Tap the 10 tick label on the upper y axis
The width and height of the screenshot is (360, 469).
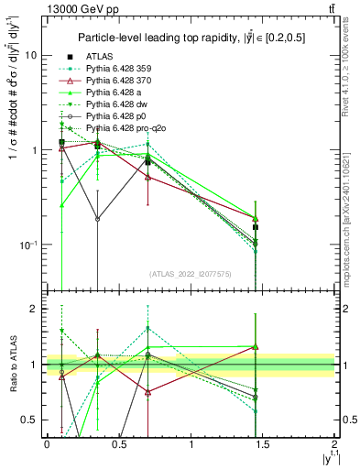click(30, 55)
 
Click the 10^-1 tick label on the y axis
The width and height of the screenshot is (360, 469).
click(27, 245)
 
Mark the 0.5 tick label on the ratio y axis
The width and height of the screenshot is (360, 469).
click(30, 420)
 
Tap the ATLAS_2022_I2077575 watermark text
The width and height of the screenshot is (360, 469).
click(191, 274)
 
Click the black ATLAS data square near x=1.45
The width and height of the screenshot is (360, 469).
click(256, 227)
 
